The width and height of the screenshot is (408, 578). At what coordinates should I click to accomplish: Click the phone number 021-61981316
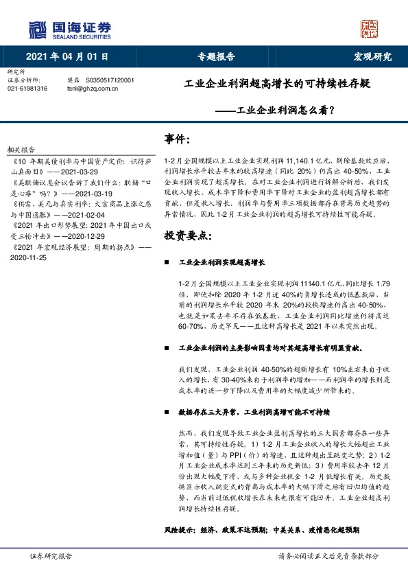point(27,89)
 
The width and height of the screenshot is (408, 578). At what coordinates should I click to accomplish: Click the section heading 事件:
point(177,139)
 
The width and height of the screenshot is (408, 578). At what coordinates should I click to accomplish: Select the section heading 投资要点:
point(188,235)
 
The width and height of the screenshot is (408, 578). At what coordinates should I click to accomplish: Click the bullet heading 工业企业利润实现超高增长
point(226,262)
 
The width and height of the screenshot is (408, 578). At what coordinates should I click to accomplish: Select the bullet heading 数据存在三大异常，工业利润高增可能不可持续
point(254,413)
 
